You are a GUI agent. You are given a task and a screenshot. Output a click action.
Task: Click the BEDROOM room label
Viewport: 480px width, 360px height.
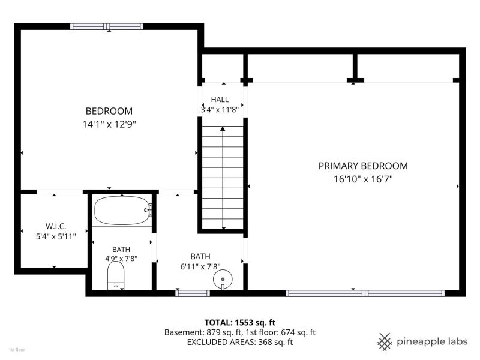point(109,111)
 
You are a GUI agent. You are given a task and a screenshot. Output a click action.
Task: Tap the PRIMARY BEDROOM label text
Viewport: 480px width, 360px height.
point(363,166)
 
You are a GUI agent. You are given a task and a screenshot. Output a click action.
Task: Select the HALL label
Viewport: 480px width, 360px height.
point(220,100)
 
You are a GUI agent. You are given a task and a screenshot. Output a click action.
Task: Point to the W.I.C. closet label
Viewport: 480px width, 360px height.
point(56,226)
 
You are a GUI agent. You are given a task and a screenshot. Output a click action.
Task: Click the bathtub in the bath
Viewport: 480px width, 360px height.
point(122,211)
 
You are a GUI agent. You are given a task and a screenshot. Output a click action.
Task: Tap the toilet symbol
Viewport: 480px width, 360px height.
point(116,275)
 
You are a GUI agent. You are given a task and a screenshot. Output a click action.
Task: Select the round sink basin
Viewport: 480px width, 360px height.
point(223,279)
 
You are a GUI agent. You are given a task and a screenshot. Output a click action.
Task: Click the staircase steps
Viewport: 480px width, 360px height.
point(223,178)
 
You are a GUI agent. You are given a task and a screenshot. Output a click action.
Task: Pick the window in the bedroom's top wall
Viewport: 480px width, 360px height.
point(107,26)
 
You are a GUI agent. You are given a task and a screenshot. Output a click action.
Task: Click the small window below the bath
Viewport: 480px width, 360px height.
point(193,293)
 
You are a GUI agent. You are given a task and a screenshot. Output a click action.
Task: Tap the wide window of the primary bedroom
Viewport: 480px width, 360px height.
point(365,293)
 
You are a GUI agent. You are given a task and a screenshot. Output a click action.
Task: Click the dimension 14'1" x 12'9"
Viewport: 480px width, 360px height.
point(109,124)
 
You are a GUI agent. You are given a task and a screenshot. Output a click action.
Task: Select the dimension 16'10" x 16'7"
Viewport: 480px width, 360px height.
point(363,179)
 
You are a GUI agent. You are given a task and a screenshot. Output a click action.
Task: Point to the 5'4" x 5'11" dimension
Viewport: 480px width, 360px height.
point(56,236)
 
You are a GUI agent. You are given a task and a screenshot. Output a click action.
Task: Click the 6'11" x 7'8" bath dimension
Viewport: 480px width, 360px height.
point(200,266)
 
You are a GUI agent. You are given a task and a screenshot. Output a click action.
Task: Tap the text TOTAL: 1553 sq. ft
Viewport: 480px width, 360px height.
point(240,323)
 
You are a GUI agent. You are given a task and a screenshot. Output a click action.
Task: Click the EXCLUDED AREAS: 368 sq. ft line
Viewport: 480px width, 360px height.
point(240,342)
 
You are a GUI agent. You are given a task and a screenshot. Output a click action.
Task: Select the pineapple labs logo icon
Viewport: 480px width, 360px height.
point(385,341)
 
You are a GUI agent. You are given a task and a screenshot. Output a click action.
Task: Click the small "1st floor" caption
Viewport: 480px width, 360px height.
point(17,350)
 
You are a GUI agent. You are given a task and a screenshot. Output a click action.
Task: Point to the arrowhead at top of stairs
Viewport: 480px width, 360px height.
point(223,129)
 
